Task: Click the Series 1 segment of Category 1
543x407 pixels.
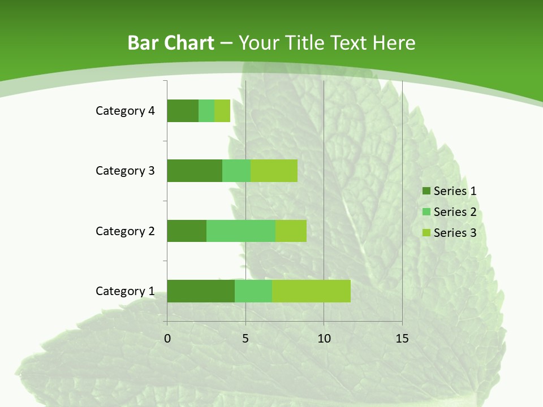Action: tap(201, 291)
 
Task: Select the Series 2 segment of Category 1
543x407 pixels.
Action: tap(253, 291)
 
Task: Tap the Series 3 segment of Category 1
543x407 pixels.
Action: tap(311, 291)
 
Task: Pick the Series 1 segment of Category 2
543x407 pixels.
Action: tap(187, 231)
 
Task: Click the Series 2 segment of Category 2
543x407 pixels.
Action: tap(241, 231)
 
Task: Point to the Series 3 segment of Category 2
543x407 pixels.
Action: tap(291, 231)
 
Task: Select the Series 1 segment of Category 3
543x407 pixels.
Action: tap(195, 171)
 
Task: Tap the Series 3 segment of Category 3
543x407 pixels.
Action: tap(274, 171)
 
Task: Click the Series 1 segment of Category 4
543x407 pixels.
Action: tap(183, 111)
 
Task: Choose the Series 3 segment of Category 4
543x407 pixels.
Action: tap(222, 111)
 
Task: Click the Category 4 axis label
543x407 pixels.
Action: tap(125, 111)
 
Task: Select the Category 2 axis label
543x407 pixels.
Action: tap(125, 231)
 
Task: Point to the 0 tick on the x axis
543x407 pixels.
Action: tap(167, 339)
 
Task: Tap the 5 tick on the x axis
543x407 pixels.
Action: tap(245, 339)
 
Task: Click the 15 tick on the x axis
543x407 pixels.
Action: tap(402, 339)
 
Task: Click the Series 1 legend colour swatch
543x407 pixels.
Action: tap(425, 191)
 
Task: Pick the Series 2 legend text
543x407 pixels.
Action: tap(455, 212)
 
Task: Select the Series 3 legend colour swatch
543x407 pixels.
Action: tap(425, 233)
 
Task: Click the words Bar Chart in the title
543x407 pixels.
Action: tap(171, 43)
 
